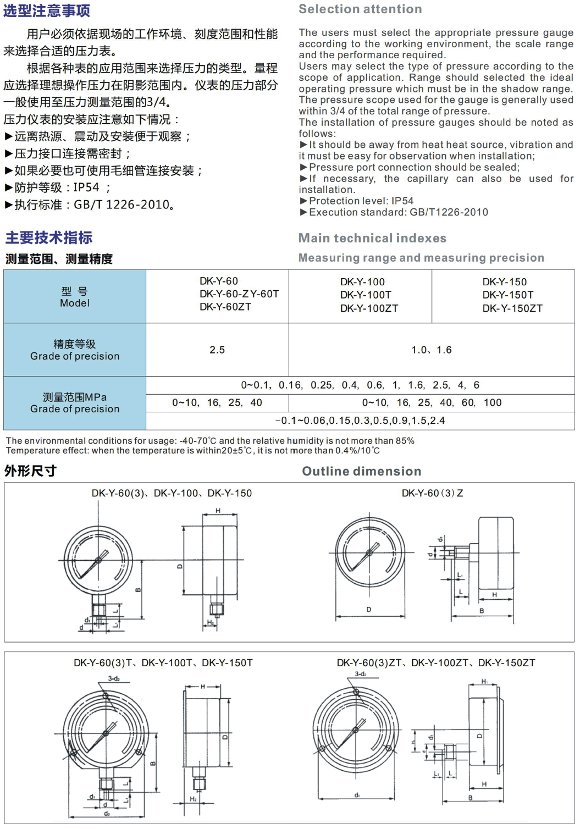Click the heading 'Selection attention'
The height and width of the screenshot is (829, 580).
(x=360, y=9)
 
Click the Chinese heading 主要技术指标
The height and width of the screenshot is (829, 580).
(x=49, y=237)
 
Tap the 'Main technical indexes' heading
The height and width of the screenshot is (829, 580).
(x=372, y=238)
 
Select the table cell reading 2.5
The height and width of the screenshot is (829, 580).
(x=217, y=350)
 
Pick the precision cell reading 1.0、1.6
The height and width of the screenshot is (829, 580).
(x=432, y=350)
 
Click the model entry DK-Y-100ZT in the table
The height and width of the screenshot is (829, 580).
(x=369, y=308)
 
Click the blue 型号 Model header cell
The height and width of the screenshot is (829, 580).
(x=75, y=297)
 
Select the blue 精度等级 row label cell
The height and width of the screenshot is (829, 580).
(x=75, y=350)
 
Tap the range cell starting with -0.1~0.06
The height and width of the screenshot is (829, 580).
(x=360, y=421)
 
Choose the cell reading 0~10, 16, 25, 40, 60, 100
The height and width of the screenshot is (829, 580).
(x=432, y=402)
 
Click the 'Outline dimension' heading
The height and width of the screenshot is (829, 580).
(x=362, y=471)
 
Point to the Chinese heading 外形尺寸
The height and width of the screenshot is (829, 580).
(x=30, y=471)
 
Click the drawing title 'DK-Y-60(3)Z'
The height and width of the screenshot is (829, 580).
(x=432, y=493)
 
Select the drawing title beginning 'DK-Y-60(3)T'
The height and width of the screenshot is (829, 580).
(x=163, y=663)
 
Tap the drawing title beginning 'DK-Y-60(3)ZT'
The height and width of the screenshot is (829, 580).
(x=436, y=663)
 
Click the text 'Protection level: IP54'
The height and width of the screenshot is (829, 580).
(x=361, y=201)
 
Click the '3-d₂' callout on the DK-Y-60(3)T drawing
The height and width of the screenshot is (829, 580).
(x=114, y=678)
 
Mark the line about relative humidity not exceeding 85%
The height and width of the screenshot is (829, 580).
(x=210, y=441)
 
